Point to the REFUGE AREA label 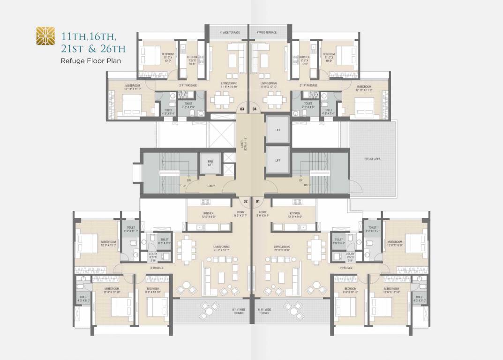point(373,159)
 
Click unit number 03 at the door point(242,109)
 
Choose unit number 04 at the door point(255,109)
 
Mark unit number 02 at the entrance point(245,202)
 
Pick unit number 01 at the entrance point(257,202)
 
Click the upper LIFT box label point(278,130)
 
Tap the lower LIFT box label point(278,160)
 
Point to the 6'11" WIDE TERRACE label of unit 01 point(265,311)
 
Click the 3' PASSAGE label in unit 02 point(157,268)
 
